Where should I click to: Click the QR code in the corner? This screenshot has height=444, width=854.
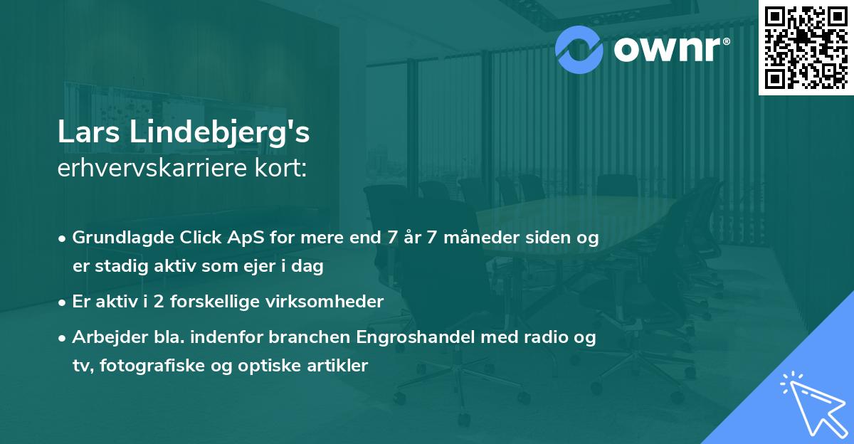click(806, 47)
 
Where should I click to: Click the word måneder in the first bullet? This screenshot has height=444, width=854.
click(470, 238)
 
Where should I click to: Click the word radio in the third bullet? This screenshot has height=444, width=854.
click(539, 337)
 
